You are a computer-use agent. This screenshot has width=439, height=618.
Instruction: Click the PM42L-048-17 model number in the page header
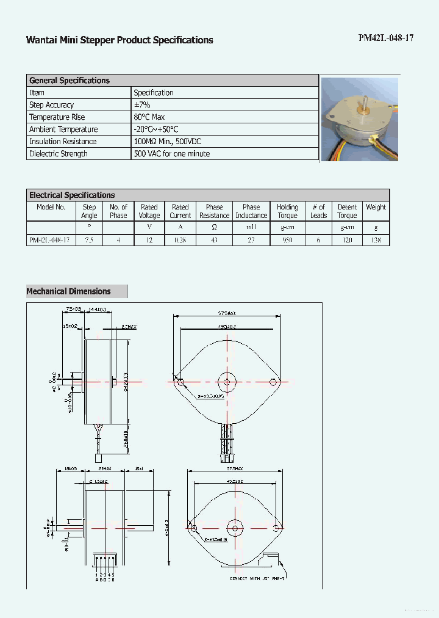coord(386,38)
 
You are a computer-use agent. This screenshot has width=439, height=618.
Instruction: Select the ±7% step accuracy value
coord(142,105)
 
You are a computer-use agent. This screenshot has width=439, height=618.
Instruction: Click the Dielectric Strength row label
coord(59,154)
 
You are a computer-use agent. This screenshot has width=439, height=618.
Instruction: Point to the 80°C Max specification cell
coord(149,117)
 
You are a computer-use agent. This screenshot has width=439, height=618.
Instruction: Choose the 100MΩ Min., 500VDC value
coord(168,142)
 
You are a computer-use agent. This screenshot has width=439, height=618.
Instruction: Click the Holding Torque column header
coord(287,211)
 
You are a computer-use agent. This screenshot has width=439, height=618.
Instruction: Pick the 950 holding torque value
coord(287,240)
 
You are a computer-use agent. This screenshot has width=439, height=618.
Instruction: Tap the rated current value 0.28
coord(180,240)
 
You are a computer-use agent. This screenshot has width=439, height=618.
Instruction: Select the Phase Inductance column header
coord(251,211)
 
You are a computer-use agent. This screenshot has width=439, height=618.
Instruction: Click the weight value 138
coord(376,240)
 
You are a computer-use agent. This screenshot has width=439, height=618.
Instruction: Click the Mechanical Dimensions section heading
coord(69,291)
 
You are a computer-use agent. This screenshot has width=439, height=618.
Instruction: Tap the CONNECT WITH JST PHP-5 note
coord(257,578)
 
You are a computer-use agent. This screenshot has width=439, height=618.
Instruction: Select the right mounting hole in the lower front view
coord(276,528)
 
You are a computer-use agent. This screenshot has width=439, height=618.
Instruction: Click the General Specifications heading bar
coord(70,81)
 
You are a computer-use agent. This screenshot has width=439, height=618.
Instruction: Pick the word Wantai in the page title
coord(40,40)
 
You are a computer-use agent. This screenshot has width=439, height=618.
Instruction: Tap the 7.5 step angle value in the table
coord(89,240)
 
